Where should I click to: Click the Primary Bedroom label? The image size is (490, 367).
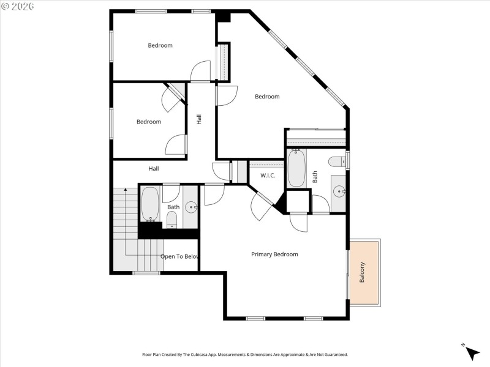click(x=274, y=254)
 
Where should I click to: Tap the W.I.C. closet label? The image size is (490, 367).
click(x=268, y=176)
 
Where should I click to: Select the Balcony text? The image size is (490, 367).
click(x=362, y=272)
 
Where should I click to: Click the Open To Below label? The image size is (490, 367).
click(x=179, y=256)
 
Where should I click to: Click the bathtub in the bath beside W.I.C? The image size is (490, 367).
click(x=297, y=168)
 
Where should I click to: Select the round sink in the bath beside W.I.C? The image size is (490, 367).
click(x=339, y=191)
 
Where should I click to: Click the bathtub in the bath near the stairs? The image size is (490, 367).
click(x=150, y=206)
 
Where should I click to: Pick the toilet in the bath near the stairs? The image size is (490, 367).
click(x=172, y=220)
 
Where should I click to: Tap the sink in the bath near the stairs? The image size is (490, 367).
click(x=191, y=207)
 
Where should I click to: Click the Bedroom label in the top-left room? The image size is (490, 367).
click(x=160, y=45)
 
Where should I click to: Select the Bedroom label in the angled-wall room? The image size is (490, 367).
click(x=267, y=96)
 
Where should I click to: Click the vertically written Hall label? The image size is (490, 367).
click(x=199, y=120)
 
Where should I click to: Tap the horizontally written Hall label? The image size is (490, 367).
click(x=153, y=168)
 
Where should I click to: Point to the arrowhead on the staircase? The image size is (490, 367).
click(x=126, y=191)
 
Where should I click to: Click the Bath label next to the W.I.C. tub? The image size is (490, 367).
click(x=315, y=177)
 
